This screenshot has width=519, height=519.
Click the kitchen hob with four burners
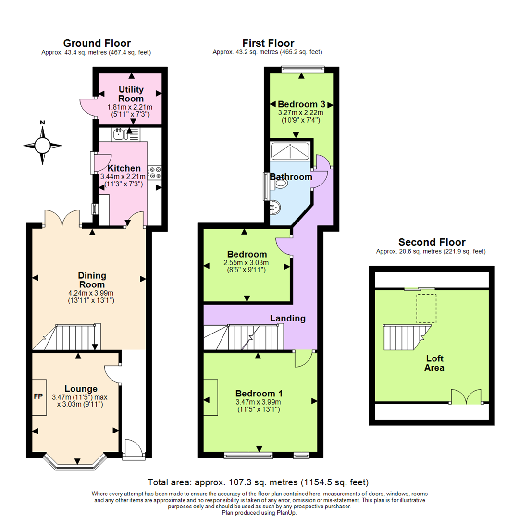click(155, 173)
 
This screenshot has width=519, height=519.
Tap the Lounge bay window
click(76, 463)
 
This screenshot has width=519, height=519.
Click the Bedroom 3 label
click(302, 104)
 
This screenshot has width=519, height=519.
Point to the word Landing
click(288, 318)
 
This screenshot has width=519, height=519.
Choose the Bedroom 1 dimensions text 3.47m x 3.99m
click(259, 402)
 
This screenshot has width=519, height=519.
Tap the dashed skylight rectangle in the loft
click(425, 308)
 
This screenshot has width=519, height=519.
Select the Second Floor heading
click(432, 242)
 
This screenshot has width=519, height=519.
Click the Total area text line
click(259, 482)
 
